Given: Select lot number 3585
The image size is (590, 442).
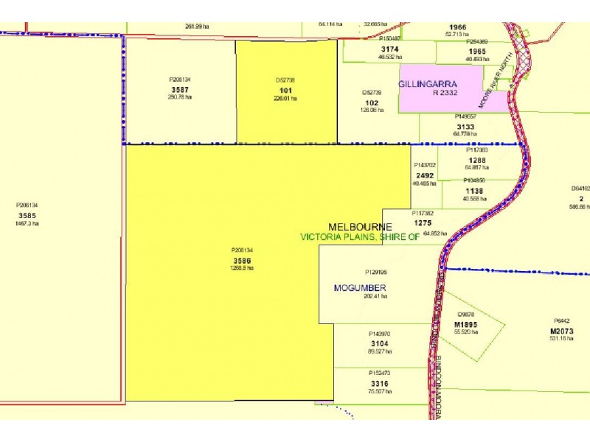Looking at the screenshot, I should pos(27,215).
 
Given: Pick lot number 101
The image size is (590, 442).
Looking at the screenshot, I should pos(285,90).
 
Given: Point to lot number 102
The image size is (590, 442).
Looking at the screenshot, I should pos(372,102).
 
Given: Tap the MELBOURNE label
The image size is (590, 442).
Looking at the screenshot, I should pos(360,226).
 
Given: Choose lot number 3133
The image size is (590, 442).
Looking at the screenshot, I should pos(465,126).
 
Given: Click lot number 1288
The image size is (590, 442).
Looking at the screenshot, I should pos(476,159).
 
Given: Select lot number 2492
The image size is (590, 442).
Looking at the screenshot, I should pos(425,175).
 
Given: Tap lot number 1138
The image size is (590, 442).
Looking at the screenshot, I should pos(473,190).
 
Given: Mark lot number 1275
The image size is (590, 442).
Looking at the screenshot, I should pos(423,222).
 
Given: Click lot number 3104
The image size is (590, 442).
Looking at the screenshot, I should pos(380,343).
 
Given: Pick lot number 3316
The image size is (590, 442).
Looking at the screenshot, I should pos(380,383).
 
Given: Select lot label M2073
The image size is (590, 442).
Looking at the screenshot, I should pos(562,330).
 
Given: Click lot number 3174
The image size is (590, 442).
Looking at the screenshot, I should pos(389,49).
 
